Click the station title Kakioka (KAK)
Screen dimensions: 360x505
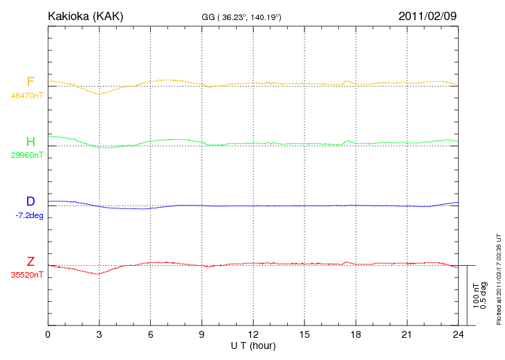[x=85, y=16]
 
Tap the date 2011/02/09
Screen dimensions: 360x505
[x=428, y=16]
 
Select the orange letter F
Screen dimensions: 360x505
[x=30, y=82]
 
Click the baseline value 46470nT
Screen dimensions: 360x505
[x=26, y=96]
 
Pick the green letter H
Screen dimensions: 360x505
[x=30, y=142]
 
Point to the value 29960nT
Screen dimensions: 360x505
[x=26, y=155]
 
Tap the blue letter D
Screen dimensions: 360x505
[x=30, y=202]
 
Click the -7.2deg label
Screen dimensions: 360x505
[x=28, y=215]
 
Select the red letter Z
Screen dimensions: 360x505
[x=30, y=262]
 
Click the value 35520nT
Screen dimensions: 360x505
[x=26, y=274]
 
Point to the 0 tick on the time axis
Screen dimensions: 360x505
[x=48, y=334]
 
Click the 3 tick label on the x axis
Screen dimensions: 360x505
[x=99, y=334]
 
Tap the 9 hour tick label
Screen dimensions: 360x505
[x=202, y=334]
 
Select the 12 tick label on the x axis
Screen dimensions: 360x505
[x=253, y=334]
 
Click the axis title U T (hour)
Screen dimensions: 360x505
[x=253, y=345]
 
